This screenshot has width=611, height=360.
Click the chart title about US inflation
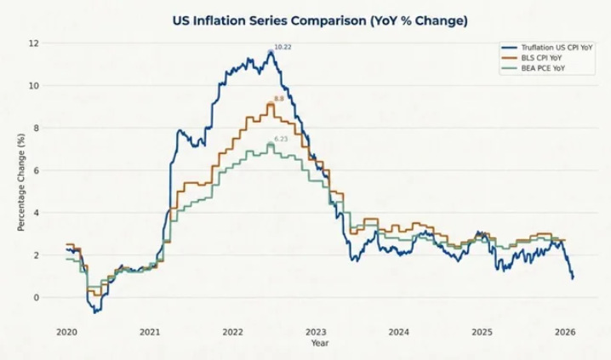(319, 21)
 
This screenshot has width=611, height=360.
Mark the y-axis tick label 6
(36, 170)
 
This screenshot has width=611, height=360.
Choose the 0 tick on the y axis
(36, 297)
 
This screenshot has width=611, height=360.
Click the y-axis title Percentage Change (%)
(20, 182)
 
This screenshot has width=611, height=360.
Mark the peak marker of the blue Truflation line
(271, 53)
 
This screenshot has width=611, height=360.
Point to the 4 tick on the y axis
(36, 212)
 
